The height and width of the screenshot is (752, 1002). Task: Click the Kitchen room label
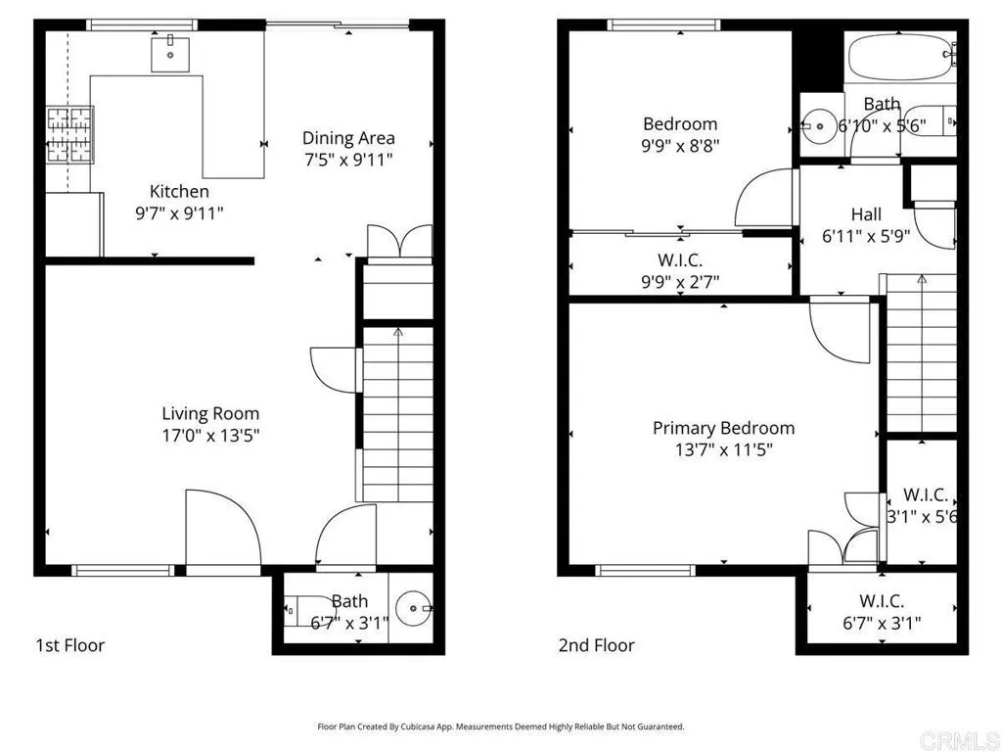pyautogui.click(x=178, y=191)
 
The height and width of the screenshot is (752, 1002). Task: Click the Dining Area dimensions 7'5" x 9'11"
pyautogui.click(x=348, y=159)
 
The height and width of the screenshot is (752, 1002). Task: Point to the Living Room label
pyautogui.click(x=210, y=413)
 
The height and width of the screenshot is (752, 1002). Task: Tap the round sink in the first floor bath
pyautogui.click(x=417, y=609)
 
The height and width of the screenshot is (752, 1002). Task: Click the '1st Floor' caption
pyautogui.click(x=69, y=645)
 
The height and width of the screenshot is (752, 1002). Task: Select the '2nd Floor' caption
pyautogui.click(x=596, y=645)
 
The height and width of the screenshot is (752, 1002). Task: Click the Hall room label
pyautogui.click(x=865, y=213)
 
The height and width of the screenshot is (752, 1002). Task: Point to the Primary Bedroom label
pyautogui.click(x=723, y=428)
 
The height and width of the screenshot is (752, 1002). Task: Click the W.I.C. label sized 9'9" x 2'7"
pyautogui.click(x=679, y=260)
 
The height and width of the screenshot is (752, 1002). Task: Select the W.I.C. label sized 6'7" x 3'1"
pyautogui.click(x=881, y=600)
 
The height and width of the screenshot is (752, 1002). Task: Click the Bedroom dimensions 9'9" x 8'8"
pyautogui.click(x=680, y=145)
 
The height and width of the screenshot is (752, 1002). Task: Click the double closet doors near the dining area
pyautogui.click(x=399, y=241)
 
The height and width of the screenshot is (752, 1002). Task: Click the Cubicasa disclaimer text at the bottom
pyautogui.click(x=500, y=727)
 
